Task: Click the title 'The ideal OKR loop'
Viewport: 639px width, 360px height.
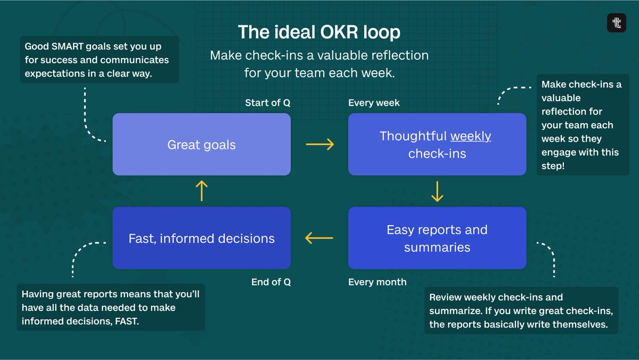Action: point(319,32)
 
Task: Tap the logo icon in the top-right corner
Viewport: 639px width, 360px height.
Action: point(617,23)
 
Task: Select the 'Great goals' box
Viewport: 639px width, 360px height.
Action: point(201,144)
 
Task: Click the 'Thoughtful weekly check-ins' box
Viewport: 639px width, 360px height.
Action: point(437,144)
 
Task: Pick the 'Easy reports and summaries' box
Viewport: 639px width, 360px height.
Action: point(437,238)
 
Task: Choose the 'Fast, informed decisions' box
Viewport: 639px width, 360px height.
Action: point(201,238)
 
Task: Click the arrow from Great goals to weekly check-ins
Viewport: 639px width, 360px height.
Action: point(319,144)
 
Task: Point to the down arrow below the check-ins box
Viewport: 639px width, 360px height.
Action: point(437,191)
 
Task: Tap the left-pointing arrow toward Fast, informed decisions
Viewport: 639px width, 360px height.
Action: point(319,238)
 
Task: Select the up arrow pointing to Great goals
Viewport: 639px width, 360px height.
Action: point(201,190)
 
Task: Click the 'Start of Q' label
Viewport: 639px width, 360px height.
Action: point(267,103)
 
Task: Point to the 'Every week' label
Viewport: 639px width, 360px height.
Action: point(374,103)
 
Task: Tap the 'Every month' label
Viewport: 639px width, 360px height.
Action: point(377,282)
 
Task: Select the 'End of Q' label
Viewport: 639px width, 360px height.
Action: point(271,282)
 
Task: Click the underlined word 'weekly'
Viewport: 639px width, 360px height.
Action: point(471,136)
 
